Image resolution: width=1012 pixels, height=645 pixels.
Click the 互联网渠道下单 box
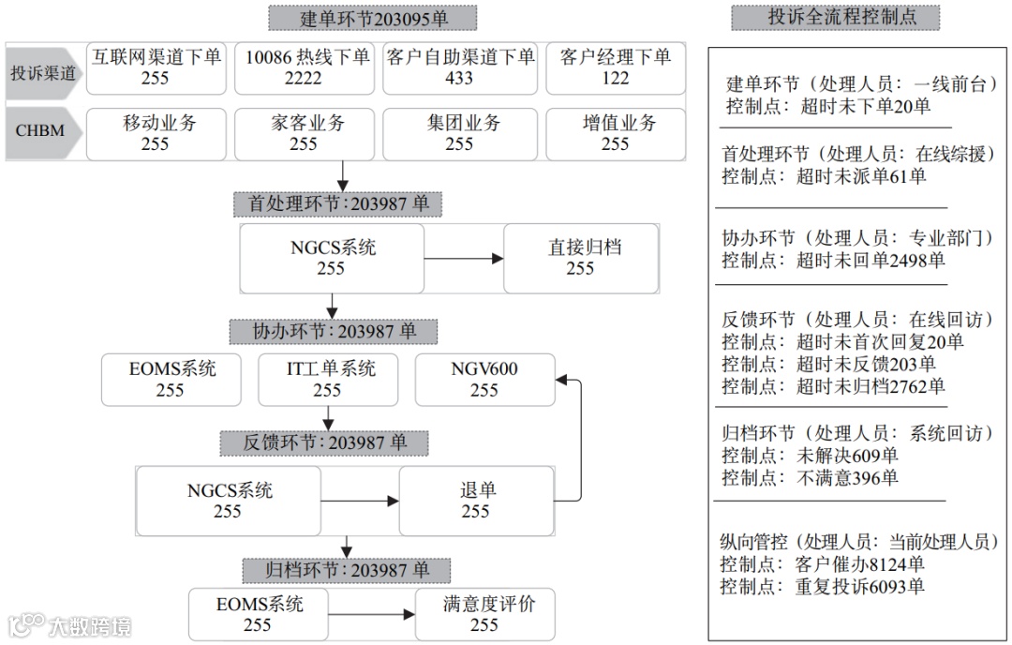156,67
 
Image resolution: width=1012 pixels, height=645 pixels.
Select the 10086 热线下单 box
303,67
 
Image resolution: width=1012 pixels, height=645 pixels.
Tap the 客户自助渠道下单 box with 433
459,67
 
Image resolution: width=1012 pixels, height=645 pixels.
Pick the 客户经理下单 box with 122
615,67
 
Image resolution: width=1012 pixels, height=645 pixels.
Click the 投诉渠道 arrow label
42,72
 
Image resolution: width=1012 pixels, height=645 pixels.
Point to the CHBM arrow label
40,130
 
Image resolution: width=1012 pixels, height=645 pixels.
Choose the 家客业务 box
303,133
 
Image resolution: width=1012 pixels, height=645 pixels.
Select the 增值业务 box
615,133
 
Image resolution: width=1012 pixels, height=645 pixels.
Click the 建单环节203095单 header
372,18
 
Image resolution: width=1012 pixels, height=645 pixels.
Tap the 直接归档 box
580,258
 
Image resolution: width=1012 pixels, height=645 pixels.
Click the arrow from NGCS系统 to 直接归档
464,258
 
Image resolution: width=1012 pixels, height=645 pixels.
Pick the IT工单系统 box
327,379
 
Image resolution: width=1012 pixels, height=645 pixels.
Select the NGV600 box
484,379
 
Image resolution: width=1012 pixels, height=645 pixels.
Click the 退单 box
477,501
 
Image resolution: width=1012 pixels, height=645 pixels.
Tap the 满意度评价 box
484,614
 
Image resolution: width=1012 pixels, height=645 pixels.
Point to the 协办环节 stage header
334,331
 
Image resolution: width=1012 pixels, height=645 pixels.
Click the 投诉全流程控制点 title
836,17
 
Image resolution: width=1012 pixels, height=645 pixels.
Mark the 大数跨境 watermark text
89,625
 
